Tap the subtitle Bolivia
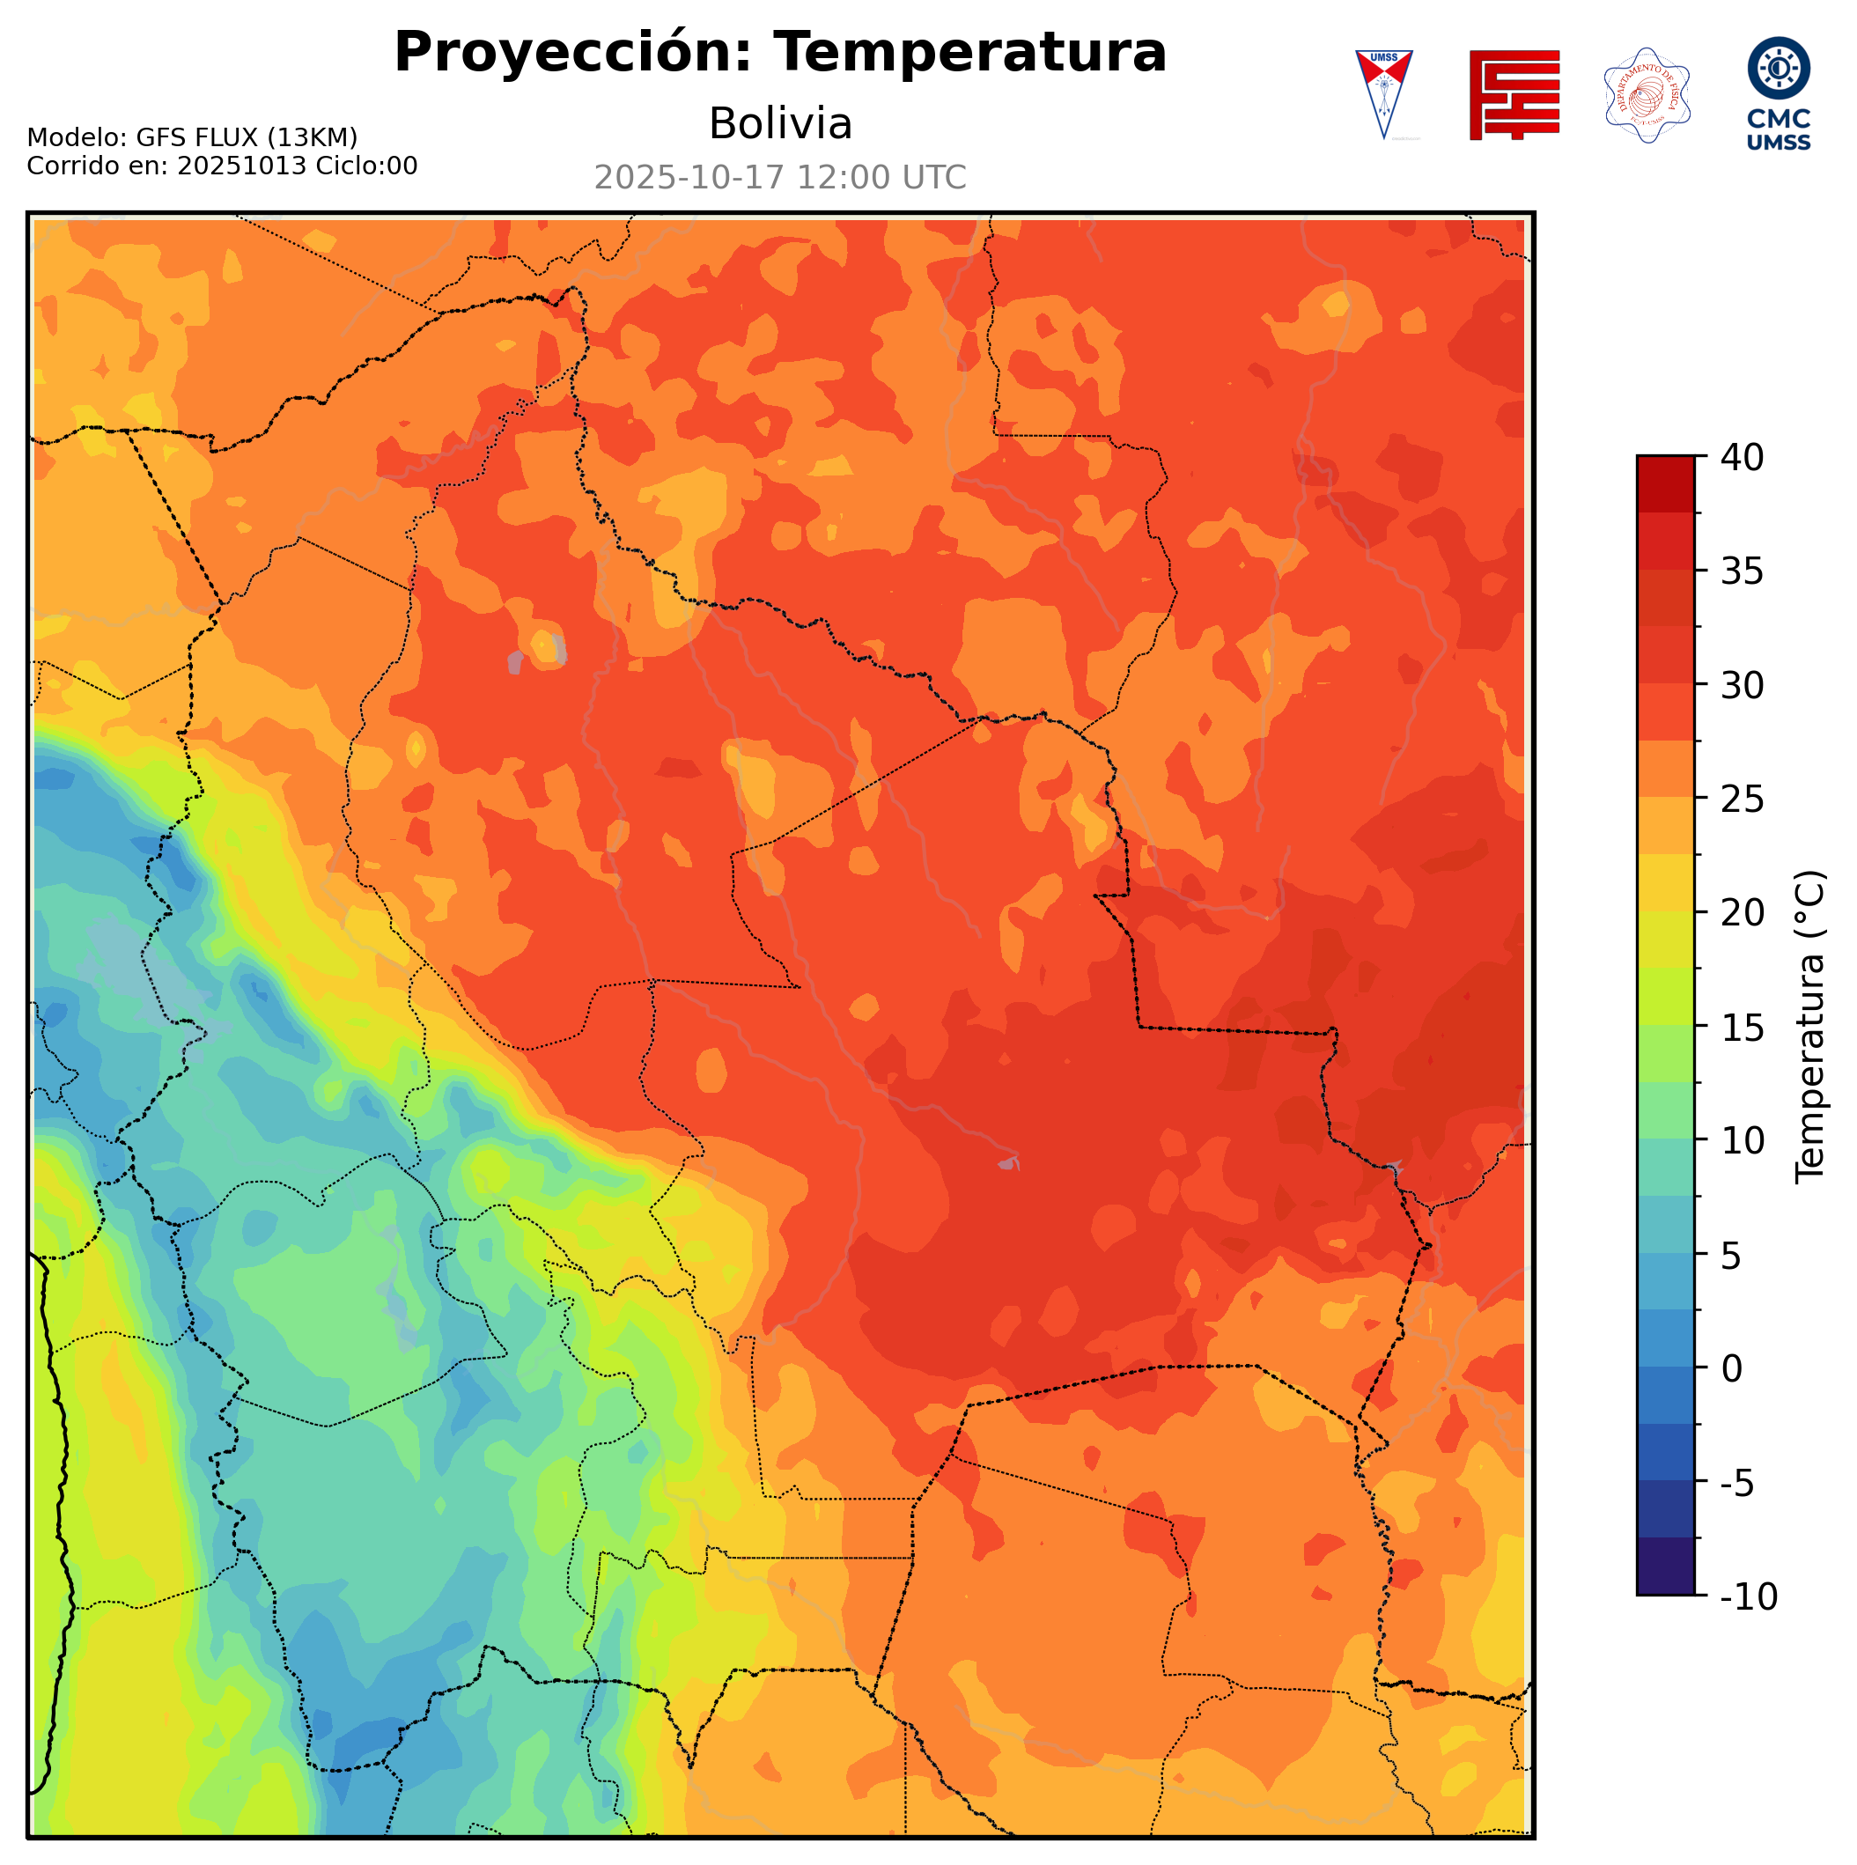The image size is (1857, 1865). (x=780, y=123)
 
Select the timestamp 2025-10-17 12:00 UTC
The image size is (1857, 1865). (x=780, y=178)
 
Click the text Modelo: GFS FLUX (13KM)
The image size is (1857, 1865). (x=192, y=137)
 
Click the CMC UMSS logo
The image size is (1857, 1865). (x=1778, y=93)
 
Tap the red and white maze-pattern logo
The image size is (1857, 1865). (x=1514, y=94)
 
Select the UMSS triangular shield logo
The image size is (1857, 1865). (x=1383, y=93)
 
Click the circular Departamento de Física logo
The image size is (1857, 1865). (x=1647, y=94)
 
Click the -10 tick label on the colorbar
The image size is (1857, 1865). (x=1748, y=1596)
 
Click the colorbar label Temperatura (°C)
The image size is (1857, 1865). (x=1809, y=1026)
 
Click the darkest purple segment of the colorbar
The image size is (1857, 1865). (x=1665, y=1567)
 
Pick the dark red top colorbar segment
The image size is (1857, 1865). (x=1665, y=483)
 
